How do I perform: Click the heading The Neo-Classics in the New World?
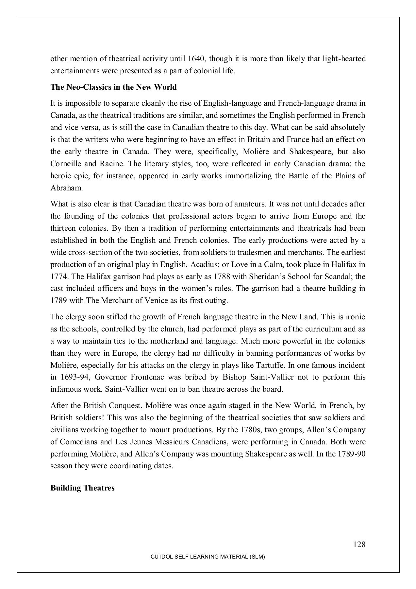113,87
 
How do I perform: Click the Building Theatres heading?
82,488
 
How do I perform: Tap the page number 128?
359,544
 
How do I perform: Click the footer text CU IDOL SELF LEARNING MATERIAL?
208,557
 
